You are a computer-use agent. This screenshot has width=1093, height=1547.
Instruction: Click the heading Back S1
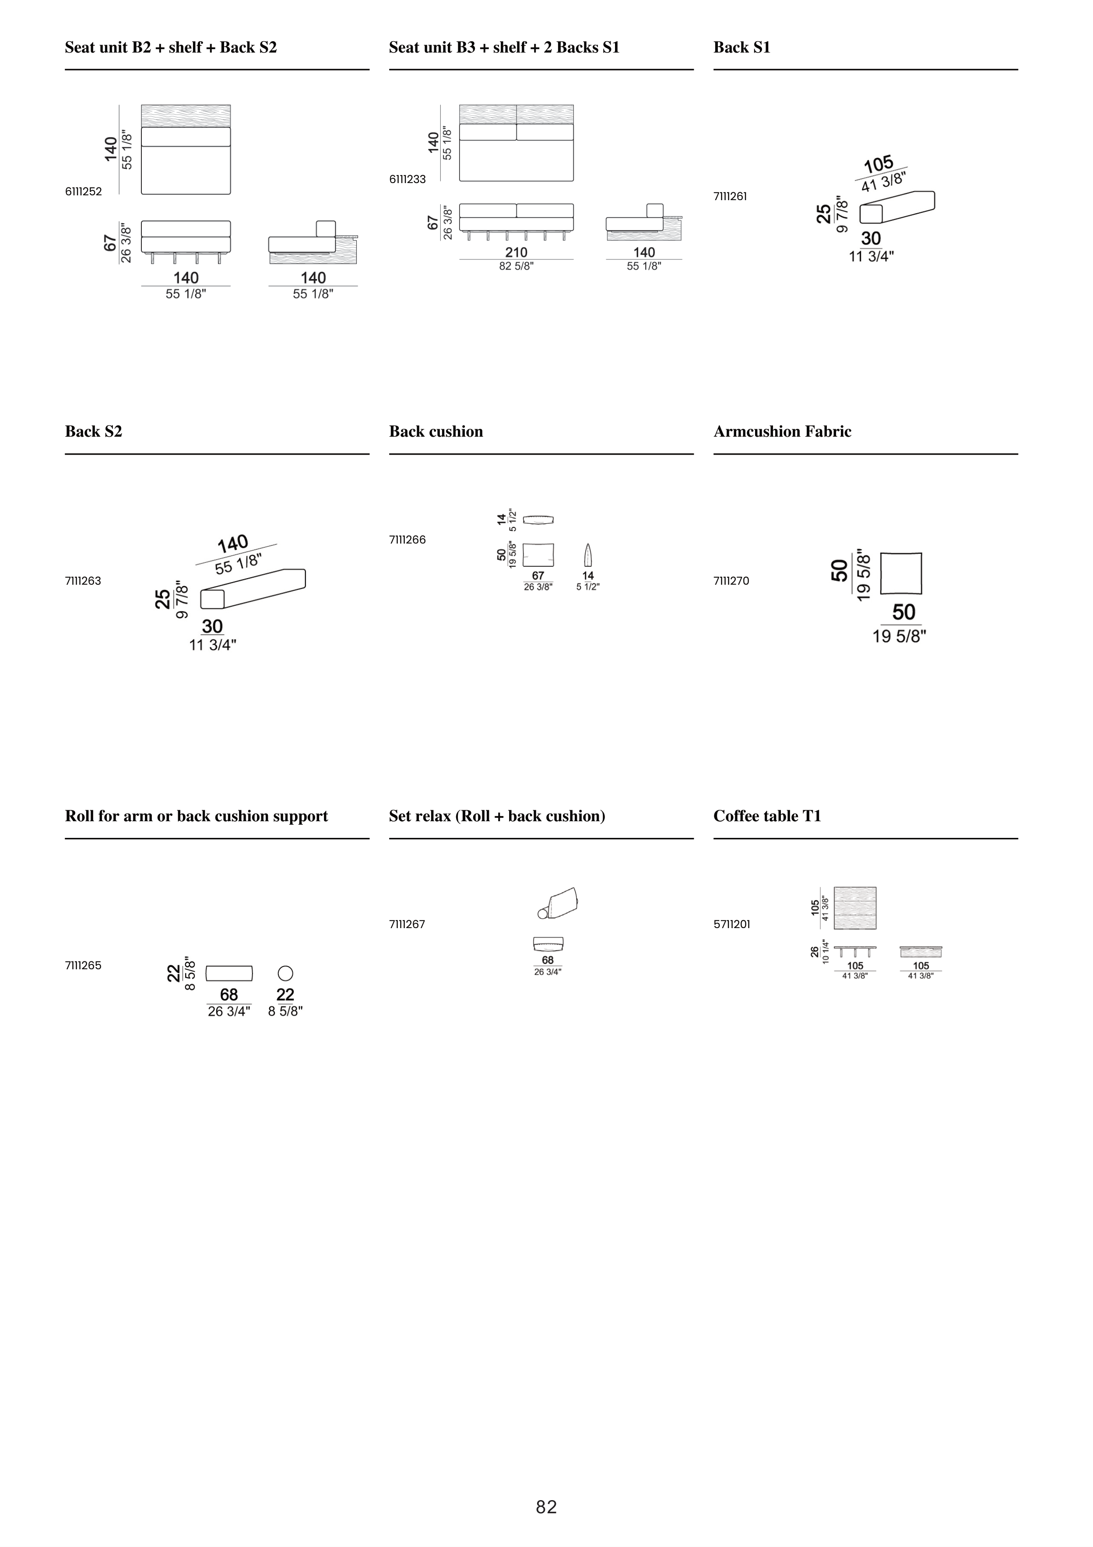tap(742, 47)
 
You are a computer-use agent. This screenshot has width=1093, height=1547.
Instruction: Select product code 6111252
tap(84, 191)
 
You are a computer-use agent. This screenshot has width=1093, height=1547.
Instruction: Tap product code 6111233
tap(408, 179)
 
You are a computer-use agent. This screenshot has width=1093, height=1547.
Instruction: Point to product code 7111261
tap(730, 197)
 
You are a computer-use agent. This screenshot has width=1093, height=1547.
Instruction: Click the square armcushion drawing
tap(901, 573)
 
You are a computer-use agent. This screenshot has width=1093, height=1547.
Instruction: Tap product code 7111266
tap(408, 540)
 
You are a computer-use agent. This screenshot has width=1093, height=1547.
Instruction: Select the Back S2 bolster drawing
tap(253, 588)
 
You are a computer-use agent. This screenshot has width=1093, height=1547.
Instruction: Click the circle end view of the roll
tap(285, 973)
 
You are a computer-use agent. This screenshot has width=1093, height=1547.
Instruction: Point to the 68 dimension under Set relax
tap(548, 960)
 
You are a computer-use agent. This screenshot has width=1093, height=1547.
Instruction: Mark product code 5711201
tap(732, 925)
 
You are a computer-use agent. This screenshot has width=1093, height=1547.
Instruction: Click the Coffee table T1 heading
tap(767, 816)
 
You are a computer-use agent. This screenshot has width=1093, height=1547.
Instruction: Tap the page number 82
tap(546, 1507)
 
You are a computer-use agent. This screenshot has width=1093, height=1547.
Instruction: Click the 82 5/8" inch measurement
tap(517, 266)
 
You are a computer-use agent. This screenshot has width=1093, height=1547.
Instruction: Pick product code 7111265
tap(84, 965)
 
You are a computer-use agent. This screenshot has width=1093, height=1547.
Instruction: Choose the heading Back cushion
tap(436, 431)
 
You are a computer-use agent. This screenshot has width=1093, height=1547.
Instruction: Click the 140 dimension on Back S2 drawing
tap(233, 543)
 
